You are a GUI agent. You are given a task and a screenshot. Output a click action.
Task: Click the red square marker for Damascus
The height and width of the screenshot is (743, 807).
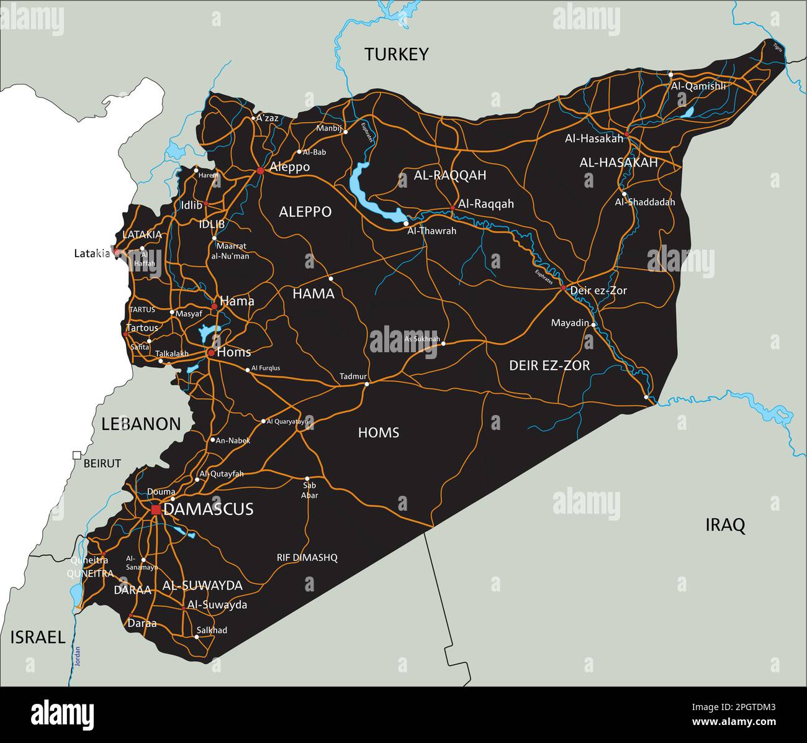156,509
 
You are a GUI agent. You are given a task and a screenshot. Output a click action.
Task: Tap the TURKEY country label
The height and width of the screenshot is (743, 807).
396,55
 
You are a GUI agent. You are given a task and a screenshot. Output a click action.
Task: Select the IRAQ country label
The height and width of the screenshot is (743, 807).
724,526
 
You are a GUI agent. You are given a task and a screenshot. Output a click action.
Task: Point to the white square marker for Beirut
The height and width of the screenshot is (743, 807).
77,455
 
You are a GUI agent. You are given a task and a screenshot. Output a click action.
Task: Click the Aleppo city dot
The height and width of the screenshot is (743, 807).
259,170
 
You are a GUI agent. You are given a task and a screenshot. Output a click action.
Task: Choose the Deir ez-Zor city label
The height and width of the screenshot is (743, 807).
598,291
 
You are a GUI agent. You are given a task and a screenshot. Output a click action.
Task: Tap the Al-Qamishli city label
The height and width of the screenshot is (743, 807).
698,86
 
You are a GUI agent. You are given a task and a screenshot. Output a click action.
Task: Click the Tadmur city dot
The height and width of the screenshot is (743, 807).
366,384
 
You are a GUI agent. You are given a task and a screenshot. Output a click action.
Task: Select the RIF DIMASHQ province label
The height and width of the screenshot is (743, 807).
307,558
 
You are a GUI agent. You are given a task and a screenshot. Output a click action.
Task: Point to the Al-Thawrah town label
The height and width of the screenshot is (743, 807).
431,231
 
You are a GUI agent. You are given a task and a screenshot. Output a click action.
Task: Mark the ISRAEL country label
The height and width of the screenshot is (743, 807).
37,637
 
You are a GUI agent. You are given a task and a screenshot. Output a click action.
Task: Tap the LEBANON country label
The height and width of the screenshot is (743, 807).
141,424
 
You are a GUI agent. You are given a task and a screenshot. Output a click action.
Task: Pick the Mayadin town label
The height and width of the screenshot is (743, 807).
569,323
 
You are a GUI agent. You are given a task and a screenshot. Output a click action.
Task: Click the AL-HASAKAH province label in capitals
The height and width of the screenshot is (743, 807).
618,163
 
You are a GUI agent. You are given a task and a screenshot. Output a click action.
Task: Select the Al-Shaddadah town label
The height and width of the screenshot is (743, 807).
644,202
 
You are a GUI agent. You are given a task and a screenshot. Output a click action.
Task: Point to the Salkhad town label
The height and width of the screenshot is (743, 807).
212,630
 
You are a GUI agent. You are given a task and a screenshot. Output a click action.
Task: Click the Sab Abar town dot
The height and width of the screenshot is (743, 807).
307,478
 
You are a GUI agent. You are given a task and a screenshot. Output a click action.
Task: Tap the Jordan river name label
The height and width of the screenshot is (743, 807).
78,657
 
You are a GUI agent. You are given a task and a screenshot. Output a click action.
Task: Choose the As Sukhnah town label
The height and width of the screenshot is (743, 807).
422,339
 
